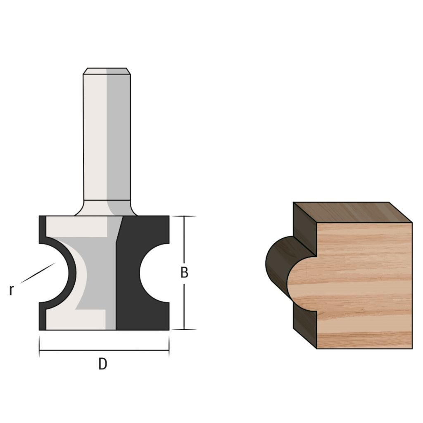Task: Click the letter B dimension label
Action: coord(184,272)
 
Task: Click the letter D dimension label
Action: coord(102,364)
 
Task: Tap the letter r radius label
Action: coord(11,290)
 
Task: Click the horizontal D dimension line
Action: coord(104,350)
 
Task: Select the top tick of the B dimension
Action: coord(184,216)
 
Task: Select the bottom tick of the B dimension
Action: coord(184,329)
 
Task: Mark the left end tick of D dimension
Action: coord(39,347)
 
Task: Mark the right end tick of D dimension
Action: coord(169,347)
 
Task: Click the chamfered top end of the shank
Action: coord(107,71)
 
